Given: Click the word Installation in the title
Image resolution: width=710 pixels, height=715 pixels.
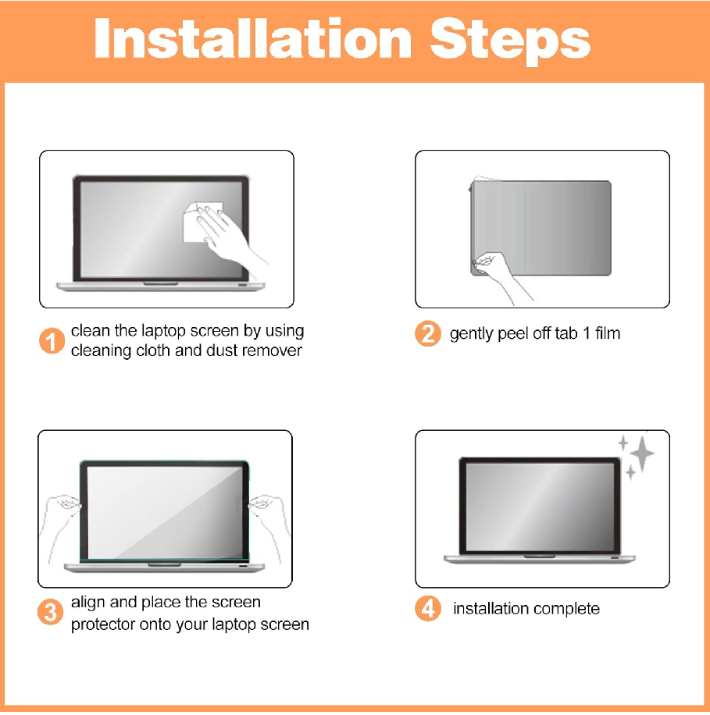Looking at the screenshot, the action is (x=253, y=39).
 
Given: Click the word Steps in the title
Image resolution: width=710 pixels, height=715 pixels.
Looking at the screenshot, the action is (x=510, y=42).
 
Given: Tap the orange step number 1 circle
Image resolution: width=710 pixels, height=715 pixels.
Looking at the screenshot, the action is (x=52, y=341).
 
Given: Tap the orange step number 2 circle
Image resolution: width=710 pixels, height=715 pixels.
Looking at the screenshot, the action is (x=427, y=334).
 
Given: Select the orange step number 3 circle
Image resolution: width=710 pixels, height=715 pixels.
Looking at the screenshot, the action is (x=50, y=612).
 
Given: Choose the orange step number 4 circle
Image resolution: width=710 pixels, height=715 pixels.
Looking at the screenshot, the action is (x=427, y=608).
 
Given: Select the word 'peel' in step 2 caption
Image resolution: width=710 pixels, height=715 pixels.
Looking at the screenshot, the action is (x=513, y=334).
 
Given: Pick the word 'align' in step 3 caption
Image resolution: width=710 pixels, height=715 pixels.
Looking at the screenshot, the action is (x=88, y=603).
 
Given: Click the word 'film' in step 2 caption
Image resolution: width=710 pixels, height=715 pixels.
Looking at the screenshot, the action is (x=608, y=333).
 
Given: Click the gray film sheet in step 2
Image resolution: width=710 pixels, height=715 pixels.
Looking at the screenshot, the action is (x=541, y=228).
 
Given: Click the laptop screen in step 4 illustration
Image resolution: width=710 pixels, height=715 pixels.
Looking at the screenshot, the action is (x=541, y=506).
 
